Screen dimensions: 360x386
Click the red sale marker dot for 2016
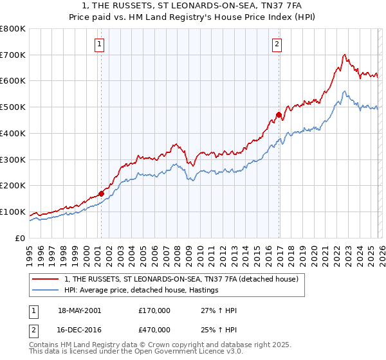point(279,115)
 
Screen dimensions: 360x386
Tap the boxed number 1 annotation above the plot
point(100,44)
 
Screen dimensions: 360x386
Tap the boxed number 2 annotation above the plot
point(276,44)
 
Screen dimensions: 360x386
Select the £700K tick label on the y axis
point(12,55)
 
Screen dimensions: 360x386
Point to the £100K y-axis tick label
point(12,212)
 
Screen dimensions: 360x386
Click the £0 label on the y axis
point(19,238)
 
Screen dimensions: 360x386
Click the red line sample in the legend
point(45,280)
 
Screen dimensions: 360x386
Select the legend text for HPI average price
point(141,291)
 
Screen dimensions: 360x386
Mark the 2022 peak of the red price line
point(345,55)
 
